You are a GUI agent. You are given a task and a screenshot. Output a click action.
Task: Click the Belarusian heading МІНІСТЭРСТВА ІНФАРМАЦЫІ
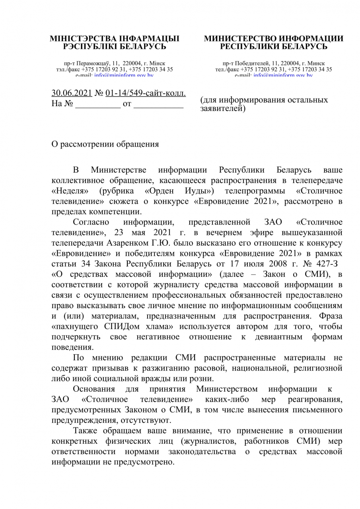point(114,39)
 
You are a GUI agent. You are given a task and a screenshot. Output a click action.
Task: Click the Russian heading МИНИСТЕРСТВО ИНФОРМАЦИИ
point(274,39)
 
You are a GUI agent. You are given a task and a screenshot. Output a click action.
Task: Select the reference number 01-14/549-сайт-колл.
point(146,93)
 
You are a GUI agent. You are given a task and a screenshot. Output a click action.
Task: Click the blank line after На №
point(98,105)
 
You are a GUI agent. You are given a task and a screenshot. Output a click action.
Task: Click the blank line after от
point(158,105)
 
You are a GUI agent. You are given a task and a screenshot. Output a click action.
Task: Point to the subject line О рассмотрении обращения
point(105,144)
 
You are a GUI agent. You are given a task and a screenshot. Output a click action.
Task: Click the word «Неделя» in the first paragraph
point(70,191)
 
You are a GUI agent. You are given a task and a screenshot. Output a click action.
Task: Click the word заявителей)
point(223,107)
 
